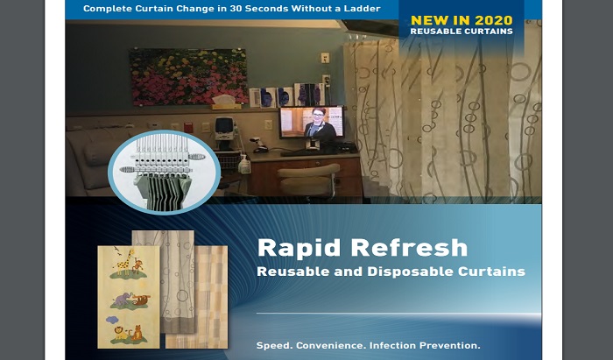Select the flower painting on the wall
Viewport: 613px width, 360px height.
pos(188,77)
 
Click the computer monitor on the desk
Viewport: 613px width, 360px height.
pos(312,123)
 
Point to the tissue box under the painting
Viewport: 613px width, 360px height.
pos(226,102)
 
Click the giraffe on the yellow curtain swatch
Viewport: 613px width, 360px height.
pos(124,261)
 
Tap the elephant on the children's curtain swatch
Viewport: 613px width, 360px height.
pos(121,300)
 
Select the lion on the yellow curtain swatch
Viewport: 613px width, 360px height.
pos(121,333)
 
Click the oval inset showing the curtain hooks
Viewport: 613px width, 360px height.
pos(165,172)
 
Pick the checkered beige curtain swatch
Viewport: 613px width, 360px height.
pos(211,297)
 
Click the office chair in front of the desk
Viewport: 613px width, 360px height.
pos(307,180)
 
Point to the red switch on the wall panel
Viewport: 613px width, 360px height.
pos(188,127)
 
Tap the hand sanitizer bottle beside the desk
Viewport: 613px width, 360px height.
pos(244,164)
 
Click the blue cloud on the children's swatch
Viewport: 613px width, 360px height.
pos(112,320)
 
